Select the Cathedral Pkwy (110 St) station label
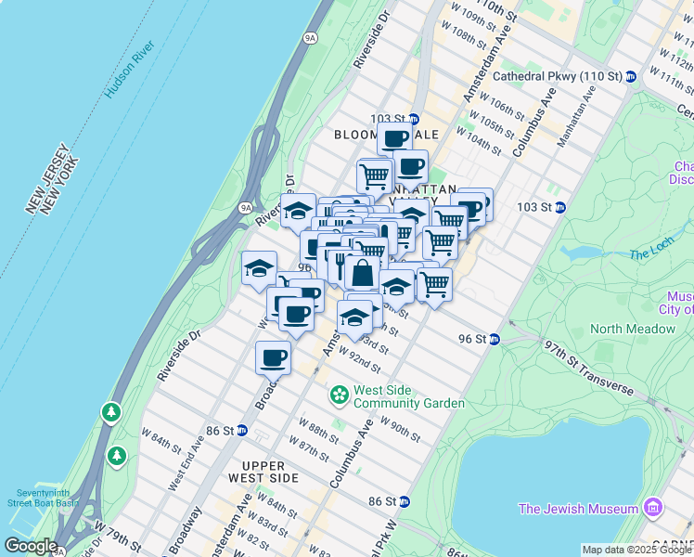click(558, 76)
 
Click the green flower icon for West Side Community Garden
click(340, 395)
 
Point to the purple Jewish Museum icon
click(653, 508)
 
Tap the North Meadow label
click(633, 329)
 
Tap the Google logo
click(30, 546)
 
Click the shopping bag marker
click(362, 274)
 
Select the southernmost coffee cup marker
click(274, 356)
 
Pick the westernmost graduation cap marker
click(259, 269)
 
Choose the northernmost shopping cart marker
click(374, 175)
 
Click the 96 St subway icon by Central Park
click(495, 340)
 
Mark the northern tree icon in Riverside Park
click(110, 410)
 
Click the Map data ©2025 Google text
click(636, 550)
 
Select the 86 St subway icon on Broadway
click(241, 430)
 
